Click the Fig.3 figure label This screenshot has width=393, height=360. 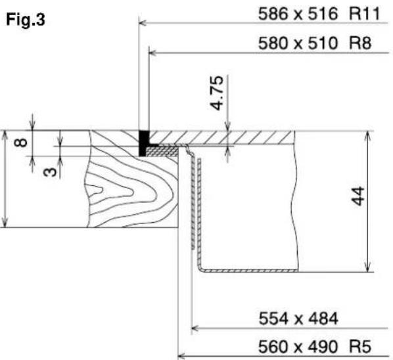pyautogui.click(x=26, y=20)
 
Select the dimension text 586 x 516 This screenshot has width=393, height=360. pyautogui.click(x=298, y=14)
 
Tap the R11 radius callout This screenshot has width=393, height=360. pyautogui.click(x=365, y=14)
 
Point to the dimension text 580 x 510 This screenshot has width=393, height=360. pyautogui.click(x=298, y=43)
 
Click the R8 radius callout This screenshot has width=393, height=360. pyautogui.click(x=360, y=43)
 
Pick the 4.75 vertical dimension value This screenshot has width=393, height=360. pyautogui.click(x=217, y=93)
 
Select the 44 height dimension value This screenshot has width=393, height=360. pyautogui.click(x=358, y=196)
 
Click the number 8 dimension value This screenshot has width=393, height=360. pyautogui.click(x=20, y=143)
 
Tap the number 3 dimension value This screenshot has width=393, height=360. pyautogui.click(x=50, y=172)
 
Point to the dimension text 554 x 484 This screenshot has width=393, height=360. pyautogui.click(x=298, y=319)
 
